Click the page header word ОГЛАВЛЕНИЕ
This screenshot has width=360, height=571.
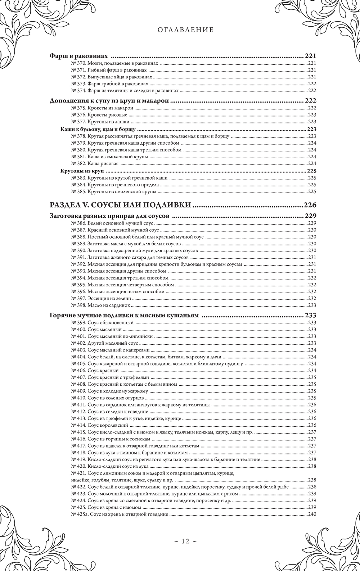[185, 30]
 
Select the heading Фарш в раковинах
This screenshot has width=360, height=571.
[79, 56]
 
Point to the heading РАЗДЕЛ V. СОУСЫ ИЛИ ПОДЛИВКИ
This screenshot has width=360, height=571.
[120, 205]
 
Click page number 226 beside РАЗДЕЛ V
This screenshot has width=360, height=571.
[310, 205]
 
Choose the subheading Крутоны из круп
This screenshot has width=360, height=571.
[82, 171]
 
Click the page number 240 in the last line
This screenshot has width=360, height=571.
[312, 514]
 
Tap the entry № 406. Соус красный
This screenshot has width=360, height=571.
[95, 370]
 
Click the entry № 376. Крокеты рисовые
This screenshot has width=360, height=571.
[99, 115]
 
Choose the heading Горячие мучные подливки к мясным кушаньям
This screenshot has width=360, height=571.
[123, 316]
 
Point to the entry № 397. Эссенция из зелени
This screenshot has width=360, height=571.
[102, 298]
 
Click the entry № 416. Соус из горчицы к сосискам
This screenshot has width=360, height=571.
[111, 439]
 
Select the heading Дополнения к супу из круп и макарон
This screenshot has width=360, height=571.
[109, 101]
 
